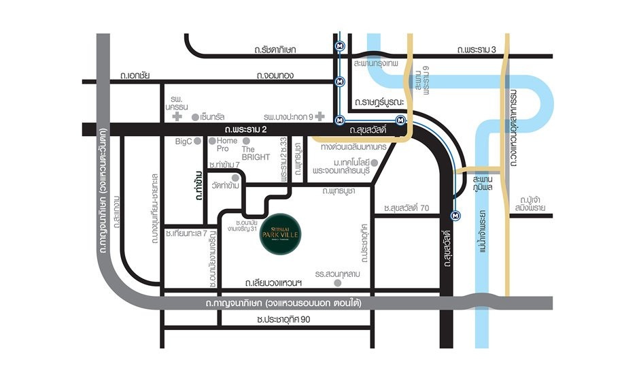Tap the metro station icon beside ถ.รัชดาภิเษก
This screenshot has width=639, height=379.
339,46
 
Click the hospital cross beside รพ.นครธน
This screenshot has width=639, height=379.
177,117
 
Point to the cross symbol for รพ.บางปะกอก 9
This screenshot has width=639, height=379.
319,116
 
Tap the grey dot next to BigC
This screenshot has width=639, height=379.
197,142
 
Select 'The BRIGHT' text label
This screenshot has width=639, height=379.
256,152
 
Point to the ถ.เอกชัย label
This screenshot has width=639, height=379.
134,76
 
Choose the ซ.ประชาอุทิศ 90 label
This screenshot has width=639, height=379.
283,319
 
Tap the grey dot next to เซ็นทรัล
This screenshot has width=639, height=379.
196,117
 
